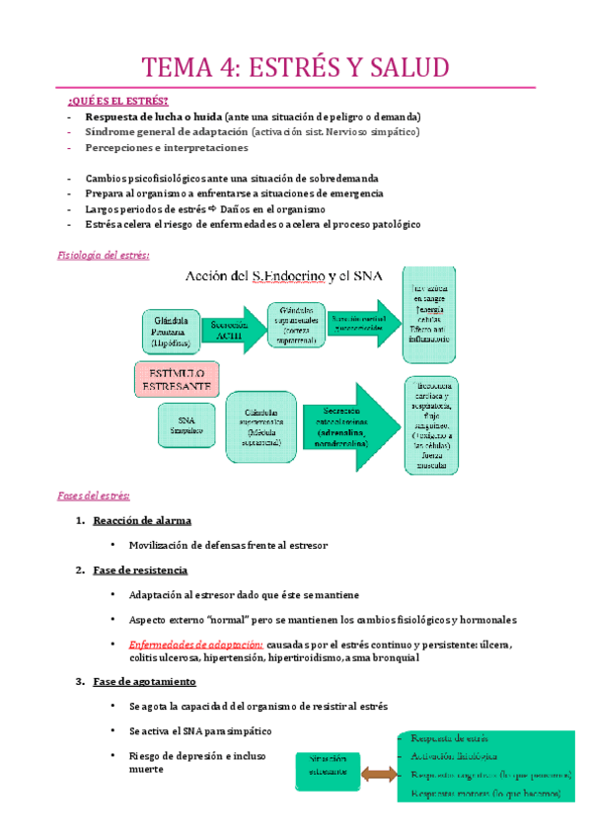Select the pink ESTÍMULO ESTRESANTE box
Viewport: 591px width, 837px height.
[176, 379]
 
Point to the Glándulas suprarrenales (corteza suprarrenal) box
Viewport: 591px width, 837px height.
[296, 325]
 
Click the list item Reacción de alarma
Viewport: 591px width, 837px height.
[141, 520]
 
